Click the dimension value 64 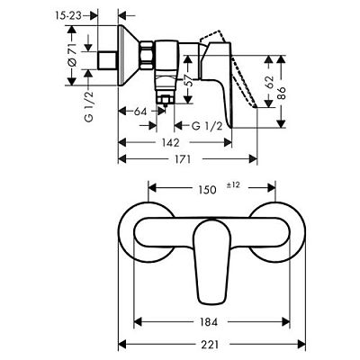click(x=139, y=111)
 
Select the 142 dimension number click(x=169, y=142)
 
